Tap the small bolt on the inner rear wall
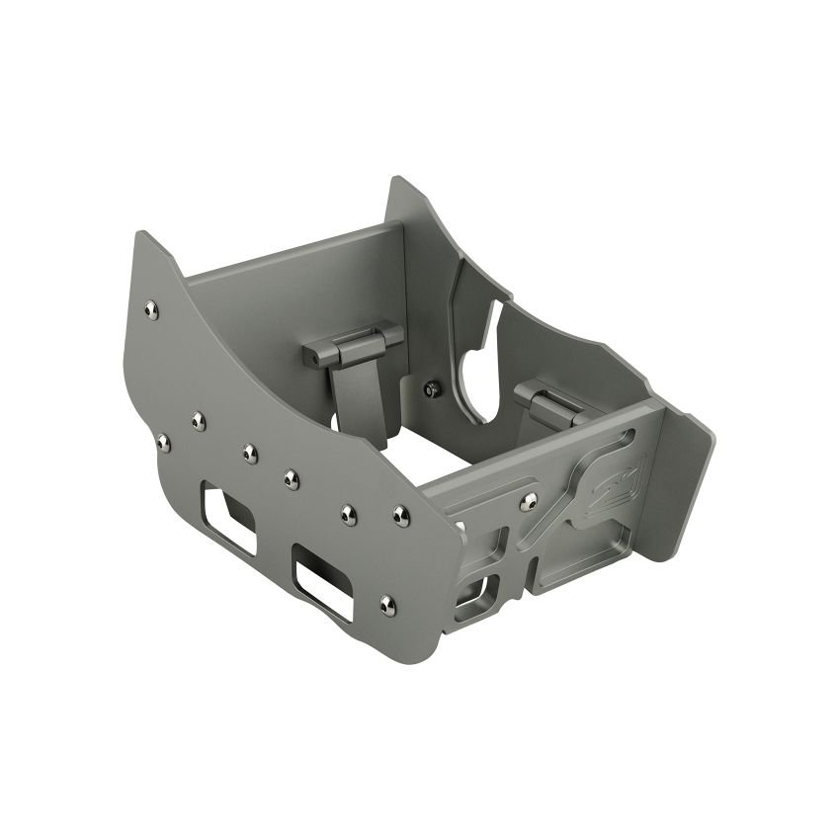432,388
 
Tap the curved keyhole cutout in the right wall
474,376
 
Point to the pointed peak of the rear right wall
397,184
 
